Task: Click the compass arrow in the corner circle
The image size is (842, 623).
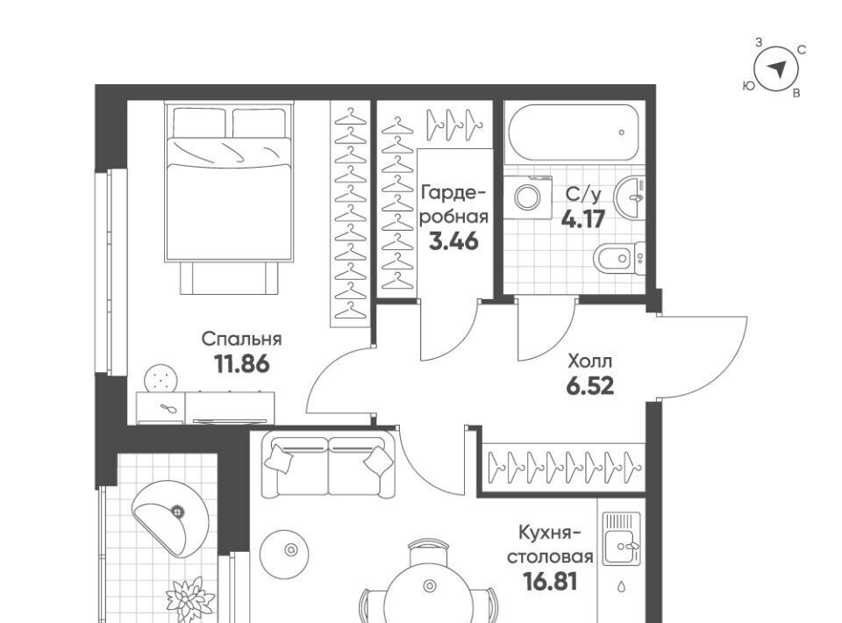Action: pyautogui.click(x=777, y=68)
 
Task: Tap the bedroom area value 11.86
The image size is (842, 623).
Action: pyautogui.click(x=242, y=364)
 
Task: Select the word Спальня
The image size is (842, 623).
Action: pyautogui.click(x=242, y=340)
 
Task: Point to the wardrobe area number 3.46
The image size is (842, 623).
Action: pyautogui.click(x=453, y=241)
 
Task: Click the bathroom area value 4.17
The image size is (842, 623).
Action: pyautogui.click(x=583, y=219)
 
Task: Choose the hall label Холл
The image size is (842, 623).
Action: pyautogui.click(x=590, y=361)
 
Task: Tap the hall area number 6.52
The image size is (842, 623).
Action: pyautogui.click(x=590, y=385)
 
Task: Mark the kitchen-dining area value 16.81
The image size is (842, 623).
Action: pyautogui.click(x=551, y=581)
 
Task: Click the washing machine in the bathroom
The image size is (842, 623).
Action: pyautogui.click(x=528, y=197)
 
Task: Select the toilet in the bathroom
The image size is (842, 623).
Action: pyautogui.click(x=620, y=258)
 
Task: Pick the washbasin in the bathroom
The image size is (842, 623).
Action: pyautogui.click(x=630, y=197)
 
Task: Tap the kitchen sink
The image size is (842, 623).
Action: pyautogui.click(x=621, y=539)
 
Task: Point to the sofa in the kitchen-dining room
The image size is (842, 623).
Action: pyautogui.click(x=328, y=466)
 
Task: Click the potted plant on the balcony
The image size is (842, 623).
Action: pyautogui.click(x=190, y=598)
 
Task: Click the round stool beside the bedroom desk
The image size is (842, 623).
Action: pyautogui.click(x=161, y=379)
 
